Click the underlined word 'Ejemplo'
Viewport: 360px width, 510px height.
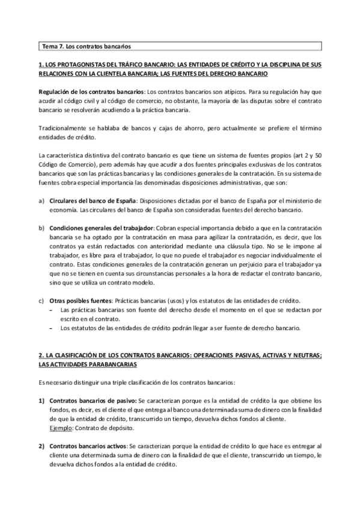(61, 428)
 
